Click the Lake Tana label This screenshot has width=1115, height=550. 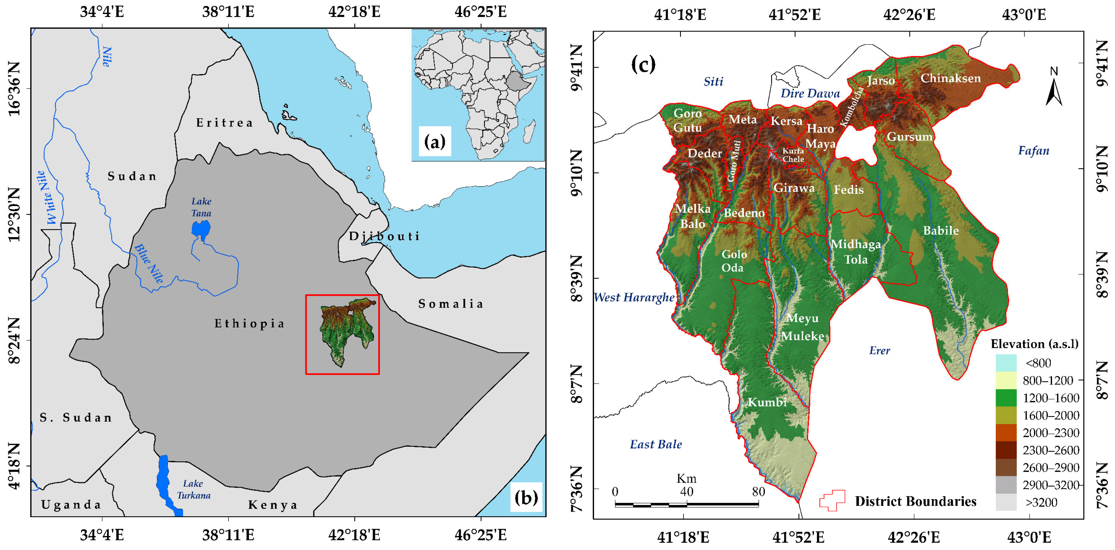click(201, 207)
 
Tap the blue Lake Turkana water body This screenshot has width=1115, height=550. click(163, 480)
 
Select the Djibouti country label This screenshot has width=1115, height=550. click(384, 236)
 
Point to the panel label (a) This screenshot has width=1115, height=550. click(435, 142)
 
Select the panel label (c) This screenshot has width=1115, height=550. click(643, 65)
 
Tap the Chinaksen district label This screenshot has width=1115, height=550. click(950, 78)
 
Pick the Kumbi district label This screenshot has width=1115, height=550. click(767, 402)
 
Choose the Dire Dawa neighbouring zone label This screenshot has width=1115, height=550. click(810, 93)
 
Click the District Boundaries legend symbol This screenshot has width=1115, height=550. click(832, 501)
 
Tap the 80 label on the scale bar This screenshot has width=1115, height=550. click(758, 491)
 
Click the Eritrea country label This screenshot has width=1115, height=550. click(225, 123)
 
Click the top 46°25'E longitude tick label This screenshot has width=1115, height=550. click(480, 12)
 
